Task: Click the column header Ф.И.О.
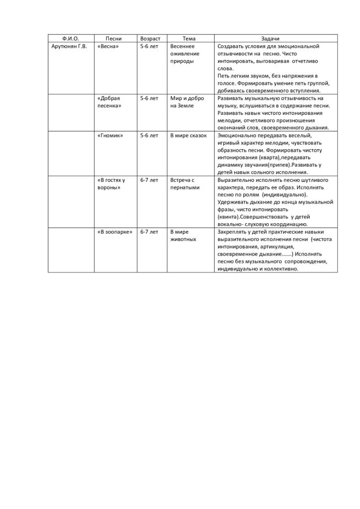(x=71, y=39)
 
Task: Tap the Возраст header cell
(x=150, y=39)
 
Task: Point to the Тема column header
(x=189, y=39)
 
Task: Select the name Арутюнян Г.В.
(x=69, y=47)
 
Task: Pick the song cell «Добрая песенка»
(x=110, y=102)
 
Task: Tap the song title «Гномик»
(x=110, y=135)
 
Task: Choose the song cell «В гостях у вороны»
(x=111, y=183)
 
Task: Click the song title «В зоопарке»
(x=115, y=232)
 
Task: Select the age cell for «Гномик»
(x=149, y=135)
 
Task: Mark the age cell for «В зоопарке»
(x=149, y=232)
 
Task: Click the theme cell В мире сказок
(x=188, y=135)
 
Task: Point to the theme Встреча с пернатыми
(x=184, y=183)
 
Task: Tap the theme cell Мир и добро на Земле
(x=187, y=102)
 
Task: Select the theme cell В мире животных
(x=183, y=235)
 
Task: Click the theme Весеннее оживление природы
(x=184, y=54)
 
